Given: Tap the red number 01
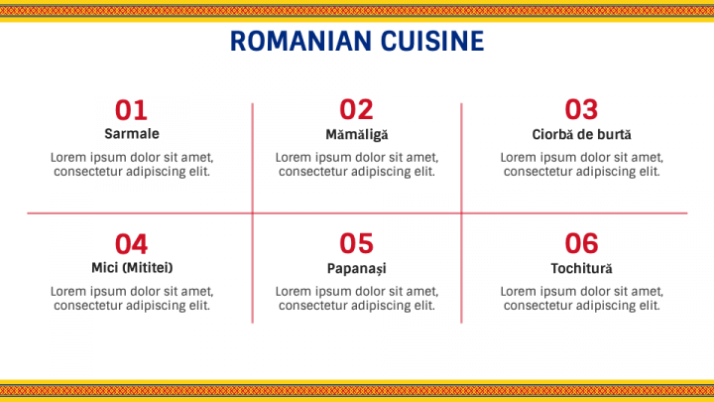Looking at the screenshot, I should (x=131, y=109).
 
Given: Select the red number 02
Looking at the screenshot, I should (x=356, y=109).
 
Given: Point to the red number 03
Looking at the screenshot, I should (x=581, y=109).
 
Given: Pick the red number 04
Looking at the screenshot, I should (x=131, y=243).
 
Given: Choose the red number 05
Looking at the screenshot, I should (x=356, y=243).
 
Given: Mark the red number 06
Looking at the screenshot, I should (x=581, y=243).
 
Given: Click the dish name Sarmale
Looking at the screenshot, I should (x=131, y=134).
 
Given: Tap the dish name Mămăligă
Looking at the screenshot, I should (x=357, y=134).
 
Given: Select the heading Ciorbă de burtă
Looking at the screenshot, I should (x=581, y=134).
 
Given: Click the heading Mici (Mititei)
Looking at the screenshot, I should (x=131, y=268).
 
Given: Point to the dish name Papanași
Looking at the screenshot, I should (x=357, y=268).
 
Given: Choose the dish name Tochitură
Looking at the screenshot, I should (x=581, y=268).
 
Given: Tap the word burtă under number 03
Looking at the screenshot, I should (x=614, y=134).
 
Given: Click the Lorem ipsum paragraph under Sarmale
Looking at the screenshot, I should (x=131, y=164).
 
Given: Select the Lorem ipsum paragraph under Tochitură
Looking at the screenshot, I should (x=581, y=298).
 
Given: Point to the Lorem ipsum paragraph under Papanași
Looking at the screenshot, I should (x=357, y=298).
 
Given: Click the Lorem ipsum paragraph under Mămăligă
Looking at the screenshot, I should (x=357, y=164).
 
